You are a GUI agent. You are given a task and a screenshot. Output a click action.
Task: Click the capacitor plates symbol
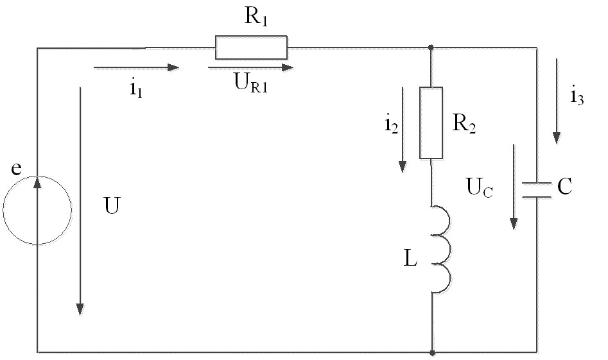pyautogui.click(x=537, y=190)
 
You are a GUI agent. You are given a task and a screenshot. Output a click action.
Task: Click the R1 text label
pyautogui.click(x=256, y=16)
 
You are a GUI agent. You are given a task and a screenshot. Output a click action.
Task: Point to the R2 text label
pyautogui.click(x=464, y=124)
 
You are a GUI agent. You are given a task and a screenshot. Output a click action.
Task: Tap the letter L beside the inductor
pyautogui.click(x=410, y=258)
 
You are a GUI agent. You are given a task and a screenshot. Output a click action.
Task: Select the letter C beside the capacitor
pyautogui.click(x=564, y=186)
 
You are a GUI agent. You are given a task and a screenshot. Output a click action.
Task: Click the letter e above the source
pyautogui.click(x=16, y=169)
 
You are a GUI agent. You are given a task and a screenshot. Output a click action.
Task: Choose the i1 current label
pyautogui.click(x=136, y=89)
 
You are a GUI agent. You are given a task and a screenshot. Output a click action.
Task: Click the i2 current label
pyautogui.click(x=391, y=124)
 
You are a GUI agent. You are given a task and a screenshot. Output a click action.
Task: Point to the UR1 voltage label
pyautogui.click(x=251, y=83)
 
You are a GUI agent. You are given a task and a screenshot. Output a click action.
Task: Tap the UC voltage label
pyautogui.click(x=479, y=187)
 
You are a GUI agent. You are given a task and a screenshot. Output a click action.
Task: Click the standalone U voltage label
pyautogui.click(x=112, y=205)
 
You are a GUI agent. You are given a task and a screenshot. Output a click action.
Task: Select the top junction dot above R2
pyautogui.click(x=431, y=47)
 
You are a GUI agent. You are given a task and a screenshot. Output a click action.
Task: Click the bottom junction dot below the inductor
pyautogui.click(x=432, y=353)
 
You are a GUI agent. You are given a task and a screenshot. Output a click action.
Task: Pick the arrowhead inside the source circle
pyautogui.click(x=37, y=182)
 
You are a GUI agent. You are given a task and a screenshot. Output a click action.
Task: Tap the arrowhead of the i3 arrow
pyautogui.click(x=557, y=138)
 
